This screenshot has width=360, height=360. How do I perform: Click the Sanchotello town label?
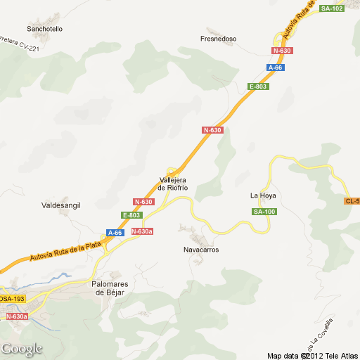pyautogui.click(x=44, y=29)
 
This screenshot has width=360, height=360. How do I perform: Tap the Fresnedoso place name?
pyautogui.click(x=219, y=39)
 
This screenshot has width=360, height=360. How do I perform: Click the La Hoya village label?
pyautogui.click(x=263, y=195)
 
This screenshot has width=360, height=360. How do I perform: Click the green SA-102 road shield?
pyautogui.click(x=332, y=8)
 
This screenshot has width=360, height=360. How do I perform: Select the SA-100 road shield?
pyautogui.click(x=264, y=212)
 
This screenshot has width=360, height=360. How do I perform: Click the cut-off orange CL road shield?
pyautogui.click(x=352, y=201)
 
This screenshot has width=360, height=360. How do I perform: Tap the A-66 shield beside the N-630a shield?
pyautogui.click(x=115, y=232)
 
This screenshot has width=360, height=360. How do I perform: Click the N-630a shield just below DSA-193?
pyautogui.click(x=17, y=317)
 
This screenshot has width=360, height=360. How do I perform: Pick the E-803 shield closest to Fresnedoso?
pyautogui.click(x=258, y=86)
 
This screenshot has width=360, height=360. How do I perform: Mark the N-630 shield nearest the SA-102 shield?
pyautogui.click(x=282, y=51)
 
